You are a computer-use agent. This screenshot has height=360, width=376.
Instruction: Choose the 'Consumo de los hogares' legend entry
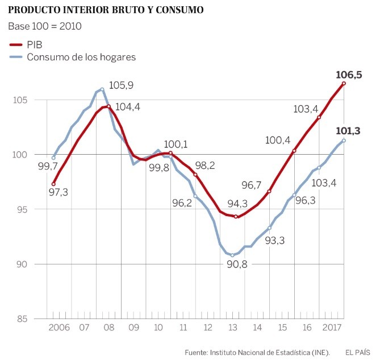click(73, 57)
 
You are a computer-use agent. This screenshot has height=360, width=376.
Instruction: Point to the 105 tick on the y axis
click(21, 100)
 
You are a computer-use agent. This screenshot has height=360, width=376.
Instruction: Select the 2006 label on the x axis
click(59, 328)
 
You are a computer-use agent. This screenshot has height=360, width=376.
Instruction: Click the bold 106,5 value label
click(349, 75)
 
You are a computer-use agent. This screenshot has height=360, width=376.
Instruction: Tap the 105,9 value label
click(120, 86)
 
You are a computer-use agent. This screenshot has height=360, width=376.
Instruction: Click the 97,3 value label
click(59, 192)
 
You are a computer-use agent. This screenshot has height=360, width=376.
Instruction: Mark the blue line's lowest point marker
click(232, 255)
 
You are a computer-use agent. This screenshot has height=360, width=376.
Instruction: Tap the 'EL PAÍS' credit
click(358, 351)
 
